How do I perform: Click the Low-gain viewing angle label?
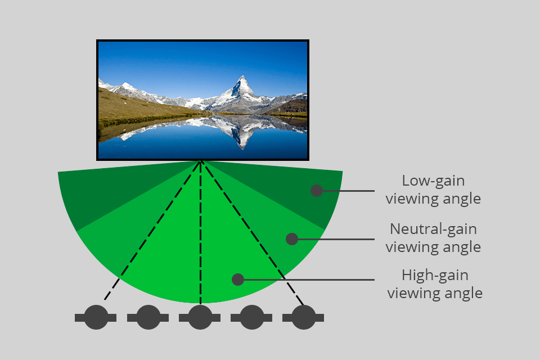pos(433,190)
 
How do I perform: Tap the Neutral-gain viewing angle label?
pos(433,238)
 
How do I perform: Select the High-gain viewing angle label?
pos(434,284)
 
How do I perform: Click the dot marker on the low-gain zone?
pos(317,191)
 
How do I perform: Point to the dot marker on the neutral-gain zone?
pos(291,239)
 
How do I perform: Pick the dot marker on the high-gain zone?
pos(237,279)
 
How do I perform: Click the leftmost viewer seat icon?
pos(96,317)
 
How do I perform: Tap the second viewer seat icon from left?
pos(148,317)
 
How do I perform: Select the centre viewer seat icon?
pos(200,317)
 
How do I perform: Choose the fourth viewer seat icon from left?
pos(251,317)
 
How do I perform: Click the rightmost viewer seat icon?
pos(303,317)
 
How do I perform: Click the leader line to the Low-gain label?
pos(349,191)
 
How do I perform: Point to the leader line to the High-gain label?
pos(309,279)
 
